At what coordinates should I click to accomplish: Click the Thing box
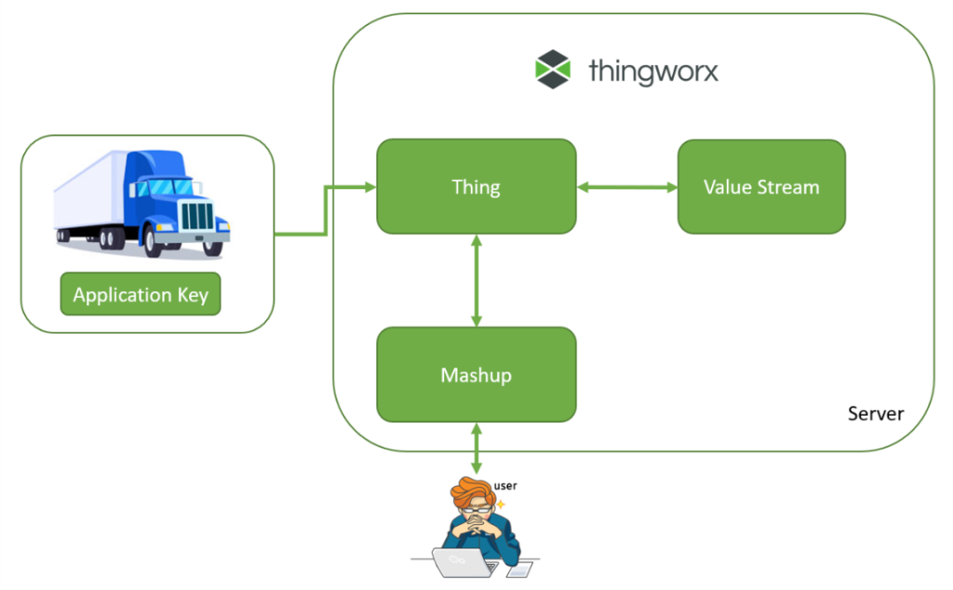476,186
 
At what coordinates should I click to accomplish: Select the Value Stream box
761,186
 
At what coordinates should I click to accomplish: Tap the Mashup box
476,375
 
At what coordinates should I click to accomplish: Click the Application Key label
141,295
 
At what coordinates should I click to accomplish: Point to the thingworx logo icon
552,71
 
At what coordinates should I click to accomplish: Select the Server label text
875,413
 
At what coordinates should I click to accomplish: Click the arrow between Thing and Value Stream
626,187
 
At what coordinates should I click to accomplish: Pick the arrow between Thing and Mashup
476,280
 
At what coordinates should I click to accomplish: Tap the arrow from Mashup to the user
476,448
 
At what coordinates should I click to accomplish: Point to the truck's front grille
197,216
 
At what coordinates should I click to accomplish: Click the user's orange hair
470,490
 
